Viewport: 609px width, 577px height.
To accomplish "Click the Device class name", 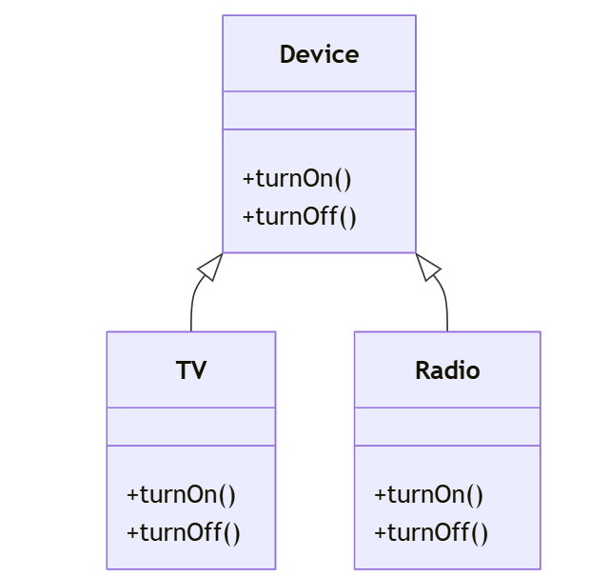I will tap(319, 54).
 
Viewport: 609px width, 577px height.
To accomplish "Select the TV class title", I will tap(191, 370).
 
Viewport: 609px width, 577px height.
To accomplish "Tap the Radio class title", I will tap(447, 370).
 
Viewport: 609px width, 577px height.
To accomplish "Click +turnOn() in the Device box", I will tap(297, 179).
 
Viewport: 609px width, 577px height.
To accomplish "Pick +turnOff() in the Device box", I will tap(299, 216).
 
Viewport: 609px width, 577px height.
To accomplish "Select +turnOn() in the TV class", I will tap(181, 495).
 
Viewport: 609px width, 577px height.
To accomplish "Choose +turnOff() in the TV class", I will tap(183, 532).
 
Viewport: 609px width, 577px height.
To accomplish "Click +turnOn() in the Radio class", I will tap(428, 495).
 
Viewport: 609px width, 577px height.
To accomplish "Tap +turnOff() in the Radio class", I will tap(430, 532).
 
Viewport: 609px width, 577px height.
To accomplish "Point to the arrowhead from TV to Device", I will tap(211, 267).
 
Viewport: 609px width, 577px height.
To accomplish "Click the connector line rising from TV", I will tap(192, 309).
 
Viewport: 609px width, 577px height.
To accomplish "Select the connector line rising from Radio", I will tap(446, 309).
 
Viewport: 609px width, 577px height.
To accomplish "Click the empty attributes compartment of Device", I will tap(319, 110).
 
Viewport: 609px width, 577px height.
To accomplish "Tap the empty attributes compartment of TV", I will tap(191, 427).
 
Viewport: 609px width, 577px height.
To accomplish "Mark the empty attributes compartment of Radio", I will tap(447, 427).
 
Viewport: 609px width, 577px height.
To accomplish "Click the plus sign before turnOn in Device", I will tap(248, 180).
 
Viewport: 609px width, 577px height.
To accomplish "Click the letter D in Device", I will tap(287, 54).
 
